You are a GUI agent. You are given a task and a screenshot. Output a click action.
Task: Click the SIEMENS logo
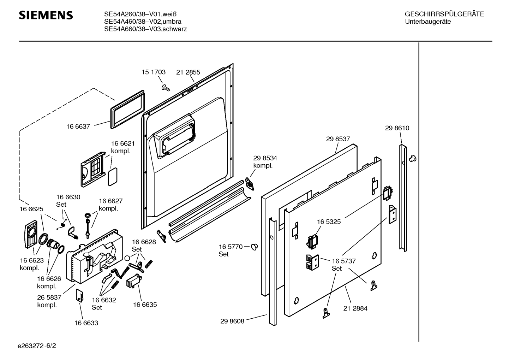[46, 16]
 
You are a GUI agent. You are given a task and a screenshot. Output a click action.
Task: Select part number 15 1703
[154, 72]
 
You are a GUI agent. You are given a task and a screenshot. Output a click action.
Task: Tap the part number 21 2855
[188, 72]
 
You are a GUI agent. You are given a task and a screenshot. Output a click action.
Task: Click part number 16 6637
[78, 126]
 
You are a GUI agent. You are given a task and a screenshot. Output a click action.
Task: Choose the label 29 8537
[338, 139]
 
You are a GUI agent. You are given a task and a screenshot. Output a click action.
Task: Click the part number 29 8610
[397, 128]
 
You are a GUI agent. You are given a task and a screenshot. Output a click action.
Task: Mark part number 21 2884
[355, 308]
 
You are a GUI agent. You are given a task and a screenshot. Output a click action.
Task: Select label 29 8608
[232, 321]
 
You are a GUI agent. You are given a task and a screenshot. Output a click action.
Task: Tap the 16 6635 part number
[145, 305]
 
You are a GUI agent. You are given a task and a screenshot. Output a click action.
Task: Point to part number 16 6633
[86, 323]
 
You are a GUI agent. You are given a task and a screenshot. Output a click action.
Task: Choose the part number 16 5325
[329, 222]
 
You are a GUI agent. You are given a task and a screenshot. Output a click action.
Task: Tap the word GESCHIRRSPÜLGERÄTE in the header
[444, 14]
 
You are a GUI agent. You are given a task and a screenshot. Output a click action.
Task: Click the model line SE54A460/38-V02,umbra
[143, 22]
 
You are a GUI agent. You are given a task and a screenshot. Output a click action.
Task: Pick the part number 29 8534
[265, 158]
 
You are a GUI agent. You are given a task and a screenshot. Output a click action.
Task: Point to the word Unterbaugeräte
[428, 22]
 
